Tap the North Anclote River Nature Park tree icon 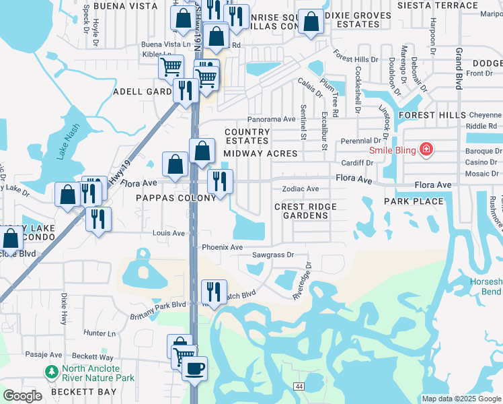point(51,372)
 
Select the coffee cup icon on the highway point(194,368)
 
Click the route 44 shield point(298,385)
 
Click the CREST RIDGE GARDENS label point(302,211)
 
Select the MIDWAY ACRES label point(260,154)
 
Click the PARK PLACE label point(414,201)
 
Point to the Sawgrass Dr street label point(273,255)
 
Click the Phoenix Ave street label point(222,247)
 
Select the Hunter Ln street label point(100,333)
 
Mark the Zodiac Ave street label point(300,189)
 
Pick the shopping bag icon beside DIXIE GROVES point(311,22)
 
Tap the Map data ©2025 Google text point(461,399)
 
